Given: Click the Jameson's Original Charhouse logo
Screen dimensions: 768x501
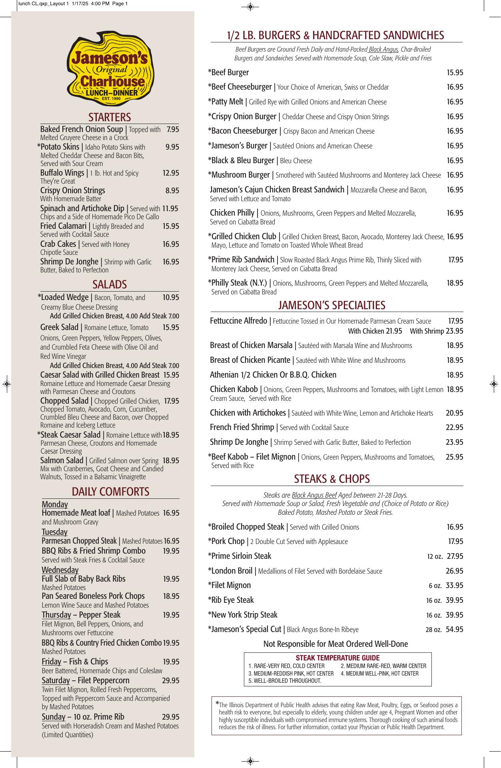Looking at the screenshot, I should (x=109, y=69).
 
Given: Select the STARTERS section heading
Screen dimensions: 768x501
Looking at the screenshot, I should (x=110, y=117).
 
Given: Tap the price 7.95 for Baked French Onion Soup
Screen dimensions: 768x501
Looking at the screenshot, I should (x=173, y=130).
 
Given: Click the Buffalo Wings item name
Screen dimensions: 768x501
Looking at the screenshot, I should (x=62, y=173).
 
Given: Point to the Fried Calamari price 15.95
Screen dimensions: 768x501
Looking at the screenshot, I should (x=171, y=226).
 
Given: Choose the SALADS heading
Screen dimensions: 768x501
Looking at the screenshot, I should (x=110, y=284).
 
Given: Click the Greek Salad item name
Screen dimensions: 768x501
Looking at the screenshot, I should (x=59, y=327).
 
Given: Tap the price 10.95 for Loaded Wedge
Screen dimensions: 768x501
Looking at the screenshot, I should (x=171, y=298).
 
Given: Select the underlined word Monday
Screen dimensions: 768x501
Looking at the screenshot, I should (x=55, y=504).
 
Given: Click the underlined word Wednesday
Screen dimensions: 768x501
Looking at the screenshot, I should (x=60, y=570).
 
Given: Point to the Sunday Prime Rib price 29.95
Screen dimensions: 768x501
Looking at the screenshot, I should (x=170, y=717).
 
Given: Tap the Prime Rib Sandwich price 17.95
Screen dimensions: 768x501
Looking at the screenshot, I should (x=455, y=260).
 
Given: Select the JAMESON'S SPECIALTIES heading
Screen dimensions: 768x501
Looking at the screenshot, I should (x=331, y=305).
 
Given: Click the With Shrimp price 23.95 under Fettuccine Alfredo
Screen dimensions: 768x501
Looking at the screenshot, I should (x=455, y=331).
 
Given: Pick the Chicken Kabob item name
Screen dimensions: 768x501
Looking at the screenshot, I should (x=234, y=389).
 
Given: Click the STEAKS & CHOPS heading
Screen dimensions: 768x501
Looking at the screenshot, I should (x=332, y=479).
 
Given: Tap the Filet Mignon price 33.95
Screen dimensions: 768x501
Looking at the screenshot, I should (x=455, y=586).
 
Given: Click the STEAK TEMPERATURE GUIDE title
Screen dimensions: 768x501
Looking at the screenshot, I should (x=337, y=658).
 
